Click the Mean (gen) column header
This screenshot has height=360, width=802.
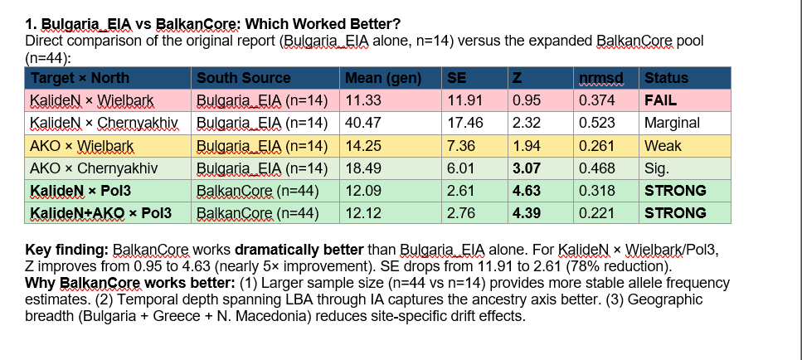382,78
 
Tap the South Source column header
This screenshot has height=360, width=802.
243,78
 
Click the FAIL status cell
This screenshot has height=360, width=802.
660,100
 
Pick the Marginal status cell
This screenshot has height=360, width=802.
672,123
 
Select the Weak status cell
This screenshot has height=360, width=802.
663,145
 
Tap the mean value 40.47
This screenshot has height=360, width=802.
362,123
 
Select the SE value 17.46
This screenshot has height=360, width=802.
465,123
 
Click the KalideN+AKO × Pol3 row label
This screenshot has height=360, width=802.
100,212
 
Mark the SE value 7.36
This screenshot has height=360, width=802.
461,145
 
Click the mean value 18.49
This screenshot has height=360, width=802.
362,168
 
